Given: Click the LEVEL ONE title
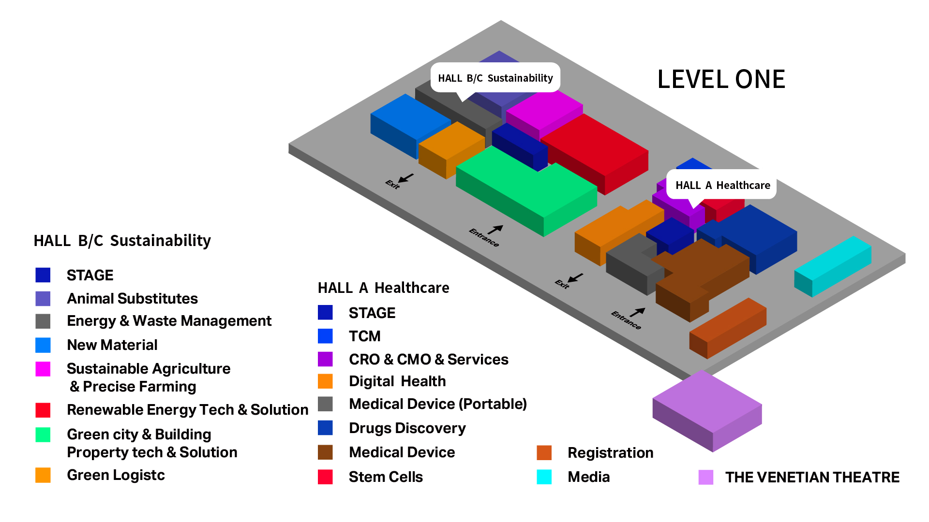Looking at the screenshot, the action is pyautogui.click(x=721, y=79).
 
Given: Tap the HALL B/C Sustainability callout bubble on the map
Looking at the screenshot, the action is pyautogui.click(x=495, y=78).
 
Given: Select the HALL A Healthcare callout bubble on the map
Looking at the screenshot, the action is pyautogui.click(x=721, y=185).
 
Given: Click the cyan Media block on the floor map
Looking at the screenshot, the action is pyautogui.click(x=833, y=266).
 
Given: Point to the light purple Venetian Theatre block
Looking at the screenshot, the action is pyautogui.click(x=707, y=411).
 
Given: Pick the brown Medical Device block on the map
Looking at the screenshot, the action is pyautogui.click(x=702, y=278).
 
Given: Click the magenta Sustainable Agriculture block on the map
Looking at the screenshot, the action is pyautogui.click(x=544, y=115).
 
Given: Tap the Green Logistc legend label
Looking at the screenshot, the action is pyautogui.click(x=116, y=475).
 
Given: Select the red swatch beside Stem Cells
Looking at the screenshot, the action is pyautogui.click(x=325, y=477).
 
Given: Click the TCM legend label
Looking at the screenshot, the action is pyautogui.click(x=365, y=336).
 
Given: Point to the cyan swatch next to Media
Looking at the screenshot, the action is pyautogui.click(x=544, y=477).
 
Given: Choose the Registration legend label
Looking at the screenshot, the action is pyautogui.click(x=611, y=453).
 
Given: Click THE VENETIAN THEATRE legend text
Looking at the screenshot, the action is pyautogui.click(x=812, y=477).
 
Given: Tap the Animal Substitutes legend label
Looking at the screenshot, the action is pyautogui.click(x=132, y=299).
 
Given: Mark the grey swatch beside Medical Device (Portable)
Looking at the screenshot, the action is pyautogui.click(x=325, y=404).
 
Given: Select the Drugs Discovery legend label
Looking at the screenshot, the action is pyautogui.click(x=407, y=428).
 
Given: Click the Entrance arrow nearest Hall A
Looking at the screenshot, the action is pyautogui.click(x=637, y=312).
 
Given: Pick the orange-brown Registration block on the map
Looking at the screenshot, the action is pyautogui.click(x=728, y=328).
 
